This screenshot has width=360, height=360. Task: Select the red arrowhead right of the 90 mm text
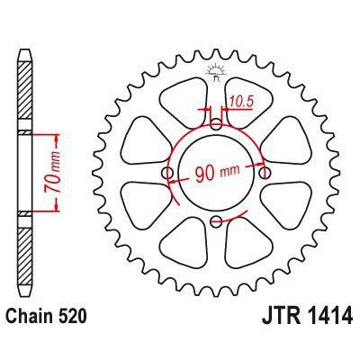coord(259,166)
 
